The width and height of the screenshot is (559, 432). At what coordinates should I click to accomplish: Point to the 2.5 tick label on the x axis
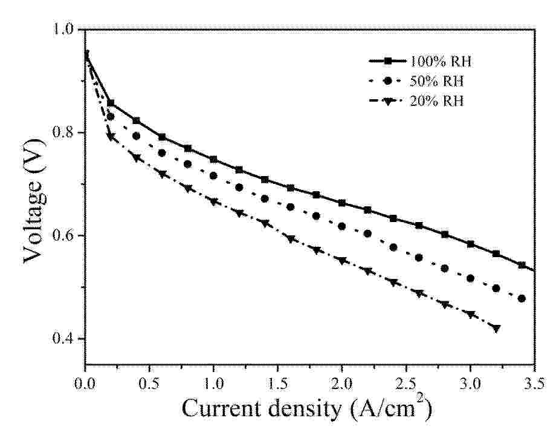(406, 385)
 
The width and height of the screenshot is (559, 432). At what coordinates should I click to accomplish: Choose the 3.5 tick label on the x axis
(534, 385)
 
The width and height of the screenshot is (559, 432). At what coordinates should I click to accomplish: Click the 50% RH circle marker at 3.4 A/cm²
(522, 298)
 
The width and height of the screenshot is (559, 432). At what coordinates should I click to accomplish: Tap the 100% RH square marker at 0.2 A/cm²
(111, 103)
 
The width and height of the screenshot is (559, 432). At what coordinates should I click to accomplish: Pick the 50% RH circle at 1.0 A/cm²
(213, 175)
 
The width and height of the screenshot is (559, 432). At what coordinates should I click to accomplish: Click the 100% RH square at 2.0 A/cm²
(342, 203)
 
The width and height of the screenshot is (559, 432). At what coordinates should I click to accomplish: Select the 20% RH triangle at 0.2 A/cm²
(111, 137)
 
